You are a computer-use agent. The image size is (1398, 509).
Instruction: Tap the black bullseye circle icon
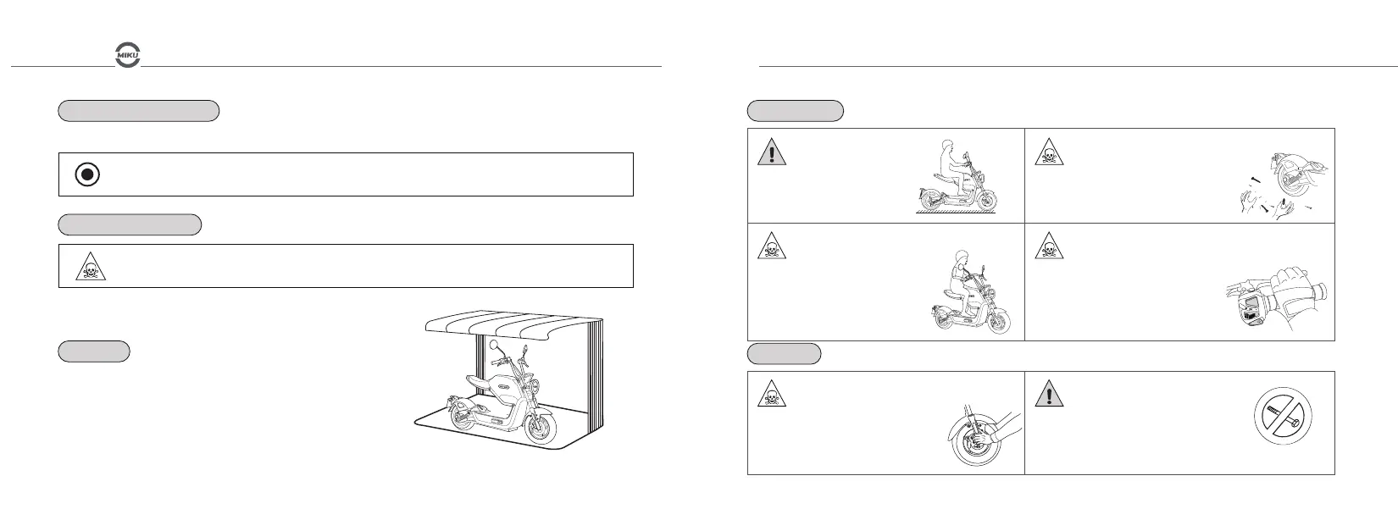coord(87,174)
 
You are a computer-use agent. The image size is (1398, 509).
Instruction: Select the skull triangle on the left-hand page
coord(87,267)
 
